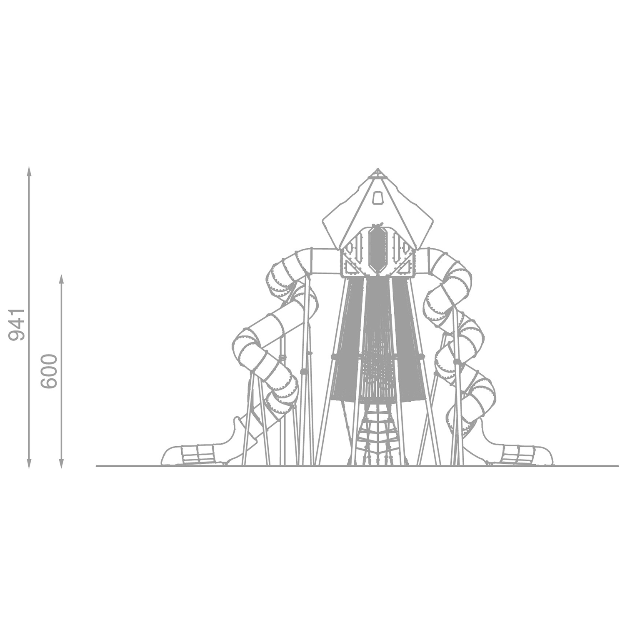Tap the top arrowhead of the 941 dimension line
[29, 170]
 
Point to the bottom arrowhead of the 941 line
[29, 464]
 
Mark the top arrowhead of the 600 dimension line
[61, 278]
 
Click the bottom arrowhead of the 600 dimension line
[61, 464]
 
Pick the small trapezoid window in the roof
[377, 198]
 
